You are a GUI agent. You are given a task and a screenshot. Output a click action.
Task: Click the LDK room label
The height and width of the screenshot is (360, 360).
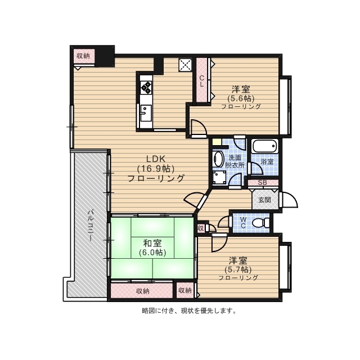[156, 158]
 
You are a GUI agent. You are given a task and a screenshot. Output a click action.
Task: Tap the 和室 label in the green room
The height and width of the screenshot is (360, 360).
[152, 243]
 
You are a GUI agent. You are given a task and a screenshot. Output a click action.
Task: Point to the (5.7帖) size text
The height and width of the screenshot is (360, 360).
[238, 269]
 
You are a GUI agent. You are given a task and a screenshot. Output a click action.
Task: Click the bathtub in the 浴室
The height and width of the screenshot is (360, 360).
[265, 146]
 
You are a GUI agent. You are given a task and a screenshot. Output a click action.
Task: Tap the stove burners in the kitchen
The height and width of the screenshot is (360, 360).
[146, 87]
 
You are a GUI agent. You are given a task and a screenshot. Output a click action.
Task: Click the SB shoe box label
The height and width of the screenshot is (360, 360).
[262, 182]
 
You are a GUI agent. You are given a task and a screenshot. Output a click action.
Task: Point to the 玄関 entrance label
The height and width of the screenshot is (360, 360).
[264, 199]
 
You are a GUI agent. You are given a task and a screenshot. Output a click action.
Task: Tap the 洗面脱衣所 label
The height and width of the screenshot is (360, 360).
[234, 162]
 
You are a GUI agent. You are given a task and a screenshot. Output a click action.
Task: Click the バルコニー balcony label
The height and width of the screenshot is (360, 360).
[89, 226]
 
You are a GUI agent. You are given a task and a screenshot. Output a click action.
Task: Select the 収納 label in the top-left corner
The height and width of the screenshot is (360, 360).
[83, 56]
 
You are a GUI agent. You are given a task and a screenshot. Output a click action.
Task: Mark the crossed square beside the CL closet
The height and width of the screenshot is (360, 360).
[186, 65]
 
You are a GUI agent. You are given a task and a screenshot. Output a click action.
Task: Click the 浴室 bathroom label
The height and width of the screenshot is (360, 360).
[267, 162]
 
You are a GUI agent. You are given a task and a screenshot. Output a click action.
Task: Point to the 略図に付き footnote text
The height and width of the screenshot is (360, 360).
[188, 310]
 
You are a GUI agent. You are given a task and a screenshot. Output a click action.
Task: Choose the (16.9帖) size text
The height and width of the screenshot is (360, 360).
[156, 168]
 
